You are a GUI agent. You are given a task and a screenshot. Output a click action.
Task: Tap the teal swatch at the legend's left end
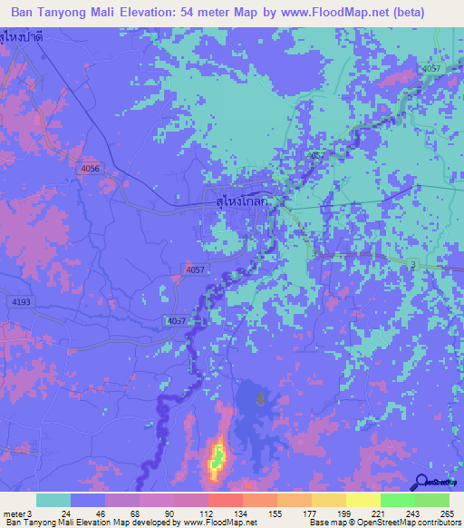(53, 500)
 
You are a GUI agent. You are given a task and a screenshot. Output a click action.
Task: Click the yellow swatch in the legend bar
(363, 500)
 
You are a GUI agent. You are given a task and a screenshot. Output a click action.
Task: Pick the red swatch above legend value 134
(226, 500)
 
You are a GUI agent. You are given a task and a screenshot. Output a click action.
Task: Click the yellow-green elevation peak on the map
(217, 457)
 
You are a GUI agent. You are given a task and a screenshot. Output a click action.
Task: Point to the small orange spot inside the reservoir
(261, 398)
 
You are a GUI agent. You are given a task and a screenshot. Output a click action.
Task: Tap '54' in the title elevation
(198, 15)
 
